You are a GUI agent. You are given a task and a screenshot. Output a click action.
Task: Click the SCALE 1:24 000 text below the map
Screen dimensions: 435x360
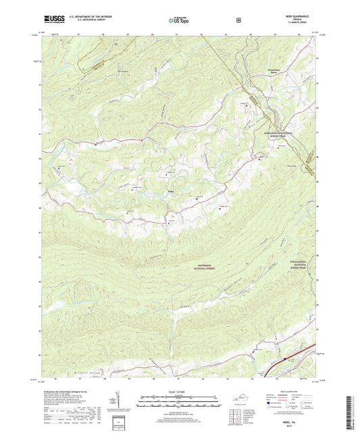click(180, 392)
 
